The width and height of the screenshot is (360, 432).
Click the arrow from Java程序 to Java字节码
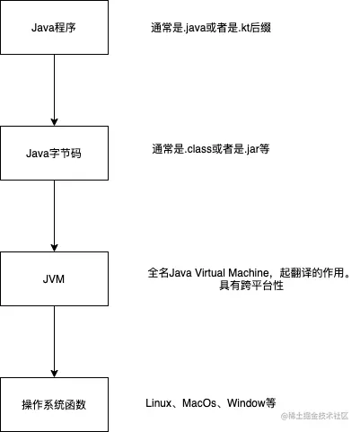(x=54, y=90)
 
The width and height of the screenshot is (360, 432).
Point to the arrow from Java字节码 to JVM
(x=54, y=216)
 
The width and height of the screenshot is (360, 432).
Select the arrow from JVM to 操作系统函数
(x=54, y=341)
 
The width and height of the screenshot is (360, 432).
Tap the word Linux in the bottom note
(x=160, y=403)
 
